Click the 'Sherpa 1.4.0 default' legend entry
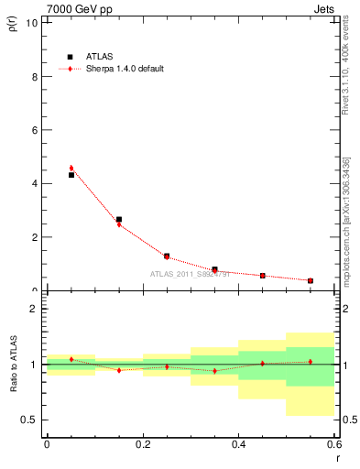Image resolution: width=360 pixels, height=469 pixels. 111,69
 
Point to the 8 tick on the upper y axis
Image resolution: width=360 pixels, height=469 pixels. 34,77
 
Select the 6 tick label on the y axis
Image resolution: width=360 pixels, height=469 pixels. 34,130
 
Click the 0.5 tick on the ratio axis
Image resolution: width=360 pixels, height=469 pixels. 31,420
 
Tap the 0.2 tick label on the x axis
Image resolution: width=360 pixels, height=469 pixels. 142,444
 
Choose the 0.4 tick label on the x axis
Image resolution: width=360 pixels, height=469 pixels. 238,444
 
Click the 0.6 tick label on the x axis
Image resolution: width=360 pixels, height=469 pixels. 333,444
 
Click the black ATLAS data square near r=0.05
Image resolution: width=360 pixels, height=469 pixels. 71,174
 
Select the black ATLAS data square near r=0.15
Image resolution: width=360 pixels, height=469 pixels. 119,220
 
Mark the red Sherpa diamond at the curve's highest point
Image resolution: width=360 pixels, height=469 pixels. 71,168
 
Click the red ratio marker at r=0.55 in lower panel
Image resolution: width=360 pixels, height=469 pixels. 311,361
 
